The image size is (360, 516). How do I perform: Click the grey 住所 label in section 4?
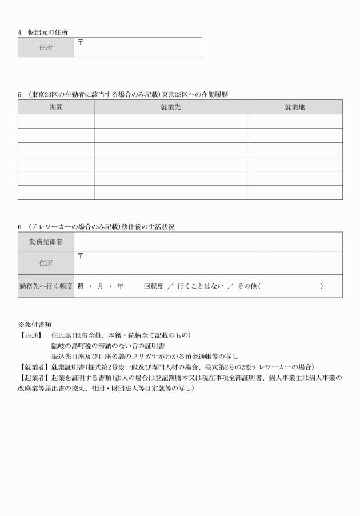pyautogui.click(x=46, y=48)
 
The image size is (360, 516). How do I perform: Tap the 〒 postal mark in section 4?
pyautogui.click(x=81, y=42)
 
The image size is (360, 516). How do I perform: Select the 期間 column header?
pyautogui.click(x=56, y=107)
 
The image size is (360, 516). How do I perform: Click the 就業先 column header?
pyautogui.click(x=170, y=107)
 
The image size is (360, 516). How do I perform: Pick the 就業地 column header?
pyautogui.click(x=294, y=107)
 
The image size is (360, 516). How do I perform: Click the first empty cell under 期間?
pyautogui.click(x=56, y=121)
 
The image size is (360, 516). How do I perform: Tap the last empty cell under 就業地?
pyautogui.click(x=294, y=193)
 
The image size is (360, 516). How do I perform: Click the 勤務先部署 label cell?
pyautogui.click(x=46, y=242)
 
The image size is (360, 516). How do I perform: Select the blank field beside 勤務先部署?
pyautogui.click(x=208, y=242)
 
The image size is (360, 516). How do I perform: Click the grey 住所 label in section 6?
pyautogui.click(x=46, y=263)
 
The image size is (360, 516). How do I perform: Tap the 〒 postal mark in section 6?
pyautogui.click(x=81, y=256)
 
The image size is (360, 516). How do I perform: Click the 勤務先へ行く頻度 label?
pyautogui.click(x=46, y=286)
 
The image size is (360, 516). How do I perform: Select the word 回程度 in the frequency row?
pyautogui.click(x=154, y=286)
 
